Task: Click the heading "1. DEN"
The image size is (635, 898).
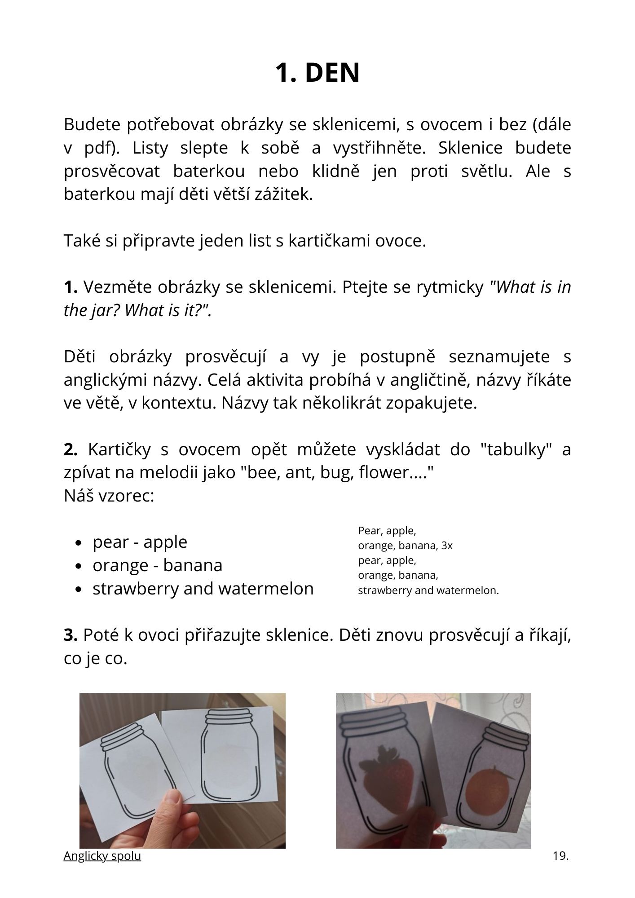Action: tap(317, 73)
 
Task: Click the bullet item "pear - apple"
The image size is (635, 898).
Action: tap(140, 542)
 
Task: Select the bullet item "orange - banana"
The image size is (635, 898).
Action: tap(157, 565)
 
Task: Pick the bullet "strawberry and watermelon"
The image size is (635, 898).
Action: tap(203, 589)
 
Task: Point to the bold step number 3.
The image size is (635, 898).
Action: tap(71, 635)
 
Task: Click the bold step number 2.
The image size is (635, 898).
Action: tap(71, 449)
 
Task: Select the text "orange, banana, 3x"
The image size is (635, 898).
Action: tap(405, 546)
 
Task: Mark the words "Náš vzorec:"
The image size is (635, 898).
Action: tap(109, 496)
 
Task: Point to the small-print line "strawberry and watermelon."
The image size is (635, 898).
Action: tap(428, 590)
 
